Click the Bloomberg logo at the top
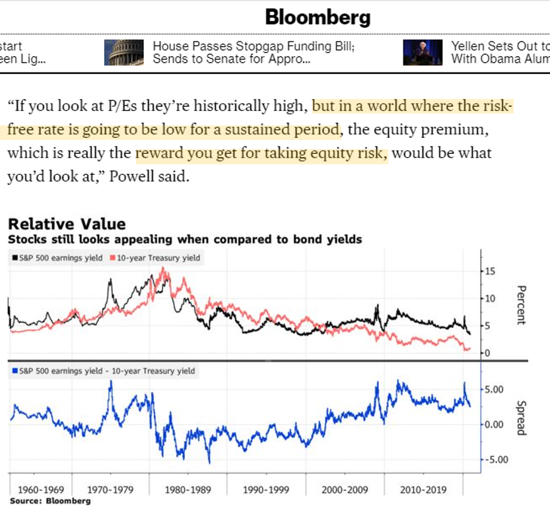pyautogui.click(x=318, y=17)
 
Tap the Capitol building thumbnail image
pyautogui.click(x=123, y=52)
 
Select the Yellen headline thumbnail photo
pyautogui.click(x=423, y=52)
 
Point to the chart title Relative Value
pyautogui.click(x=66, y=224)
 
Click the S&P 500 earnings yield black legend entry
pyautogui.click(x=57, y=258)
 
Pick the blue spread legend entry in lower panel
pyautogui.click(x=103, y=371)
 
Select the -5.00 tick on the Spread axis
pyautogui.click(x=495, y=460)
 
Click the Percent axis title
pyautogui.click(x=520, y=305)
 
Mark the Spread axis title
pyautogui.click(x=520, y=418)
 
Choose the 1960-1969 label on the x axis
pyautogui.click(x=42, y=490)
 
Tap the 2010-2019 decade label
pyautogui.click(x=423, y=490)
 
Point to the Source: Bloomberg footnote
pyautogui.click(x=50, y=501)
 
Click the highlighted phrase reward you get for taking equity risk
pyautogui.click(x=261, y=154)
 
